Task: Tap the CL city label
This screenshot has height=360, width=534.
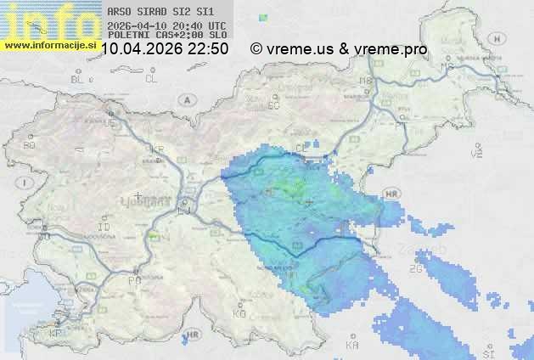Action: point(152,79)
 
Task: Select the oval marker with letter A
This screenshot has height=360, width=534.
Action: point(185,99)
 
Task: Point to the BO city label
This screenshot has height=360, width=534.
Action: point(30,145)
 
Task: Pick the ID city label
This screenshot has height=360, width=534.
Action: point(104,228)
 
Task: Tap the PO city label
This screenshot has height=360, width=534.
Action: point(133,280)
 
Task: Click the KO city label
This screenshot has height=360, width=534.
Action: point(239,313)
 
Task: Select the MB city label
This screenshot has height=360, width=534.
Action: point(367,82)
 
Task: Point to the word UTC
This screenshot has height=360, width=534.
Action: point(217,25)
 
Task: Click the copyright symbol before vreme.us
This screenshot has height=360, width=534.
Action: point(256,49)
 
